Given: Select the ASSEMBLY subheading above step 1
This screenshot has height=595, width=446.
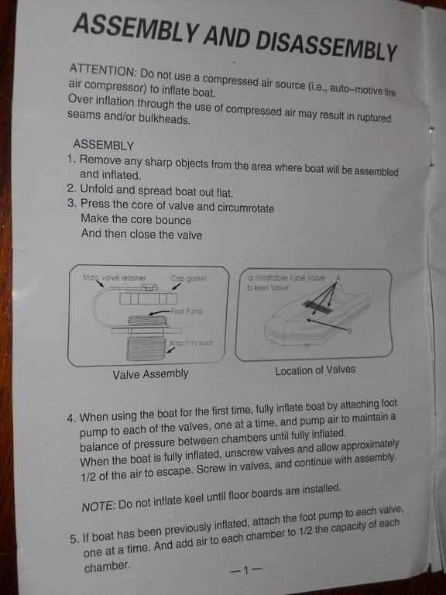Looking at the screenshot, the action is click(103, 145).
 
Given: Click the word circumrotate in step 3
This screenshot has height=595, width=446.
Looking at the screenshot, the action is click(245, 208).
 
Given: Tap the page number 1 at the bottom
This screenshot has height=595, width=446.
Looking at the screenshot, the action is click(245, 569).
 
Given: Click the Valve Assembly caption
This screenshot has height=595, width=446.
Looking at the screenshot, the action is click(150, 374).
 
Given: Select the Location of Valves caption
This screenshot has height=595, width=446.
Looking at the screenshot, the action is click(315, 370).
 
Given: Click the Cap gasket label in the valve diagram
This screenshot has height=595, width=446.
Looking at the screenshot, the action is click(188, 279).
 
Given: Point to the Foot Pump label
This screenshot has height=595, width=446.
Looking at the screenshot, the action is click(187, 311).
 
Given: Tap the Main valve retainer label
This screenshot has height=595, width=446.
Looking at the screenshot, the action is click(114, 278).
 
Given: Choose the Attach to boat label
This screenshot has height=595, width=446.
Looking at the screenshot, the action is click(190, 343).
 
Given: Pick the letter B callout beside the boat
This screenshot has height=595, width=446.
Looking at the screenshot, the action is click(349, 331).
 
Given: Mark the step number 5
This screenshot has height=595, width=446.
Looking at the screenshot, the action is click(74, 539).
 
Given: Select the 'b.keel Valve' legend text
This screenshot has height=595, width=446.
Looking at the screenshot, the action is click(268, 287).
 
